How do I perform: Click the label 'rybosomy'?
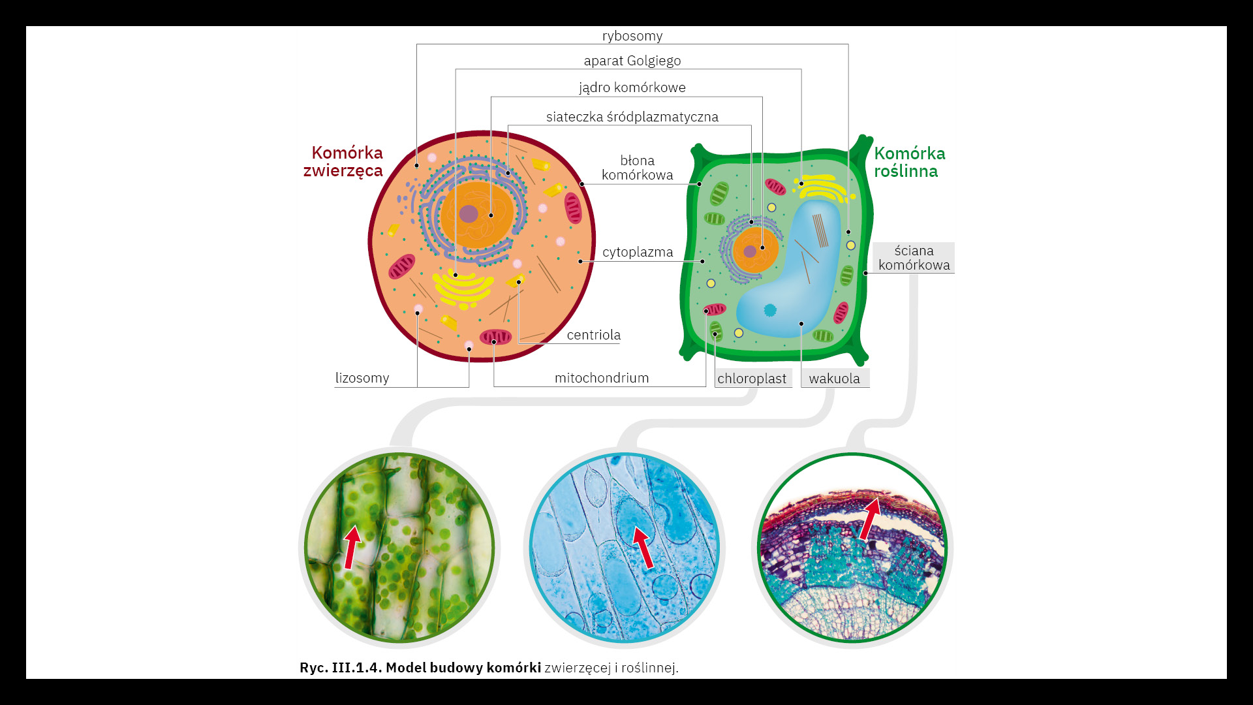click(x=632, y=36)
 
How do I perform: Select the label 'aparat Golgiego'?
click(x=632, y=61)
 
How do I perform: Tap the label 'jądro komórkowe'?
click(x=632, y=87)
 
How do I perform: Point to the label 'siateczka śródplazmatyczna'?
click(x=632, y=117)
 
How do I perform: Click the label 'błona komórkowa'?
click(x=637, y=168)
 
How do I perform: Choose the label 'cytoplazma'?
click(x=637, y=252)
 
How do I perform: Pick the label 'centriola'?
click(x=593, y=335)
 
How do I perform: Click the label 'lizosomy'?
click(x=362, y=378)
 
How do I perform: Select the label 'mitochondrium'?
click(x=601, y=378)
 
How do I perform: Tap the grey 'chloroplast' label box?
click(x=752, y=379)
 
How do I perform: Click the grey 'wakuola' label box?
click(x=834, y=379)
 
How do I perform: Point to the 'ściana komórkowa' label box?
click(x=914, y=258)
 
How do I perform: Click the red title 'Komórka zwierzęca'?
click(x=344, y=161)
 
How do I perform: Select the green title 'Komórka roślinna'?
click(x=909, y=162)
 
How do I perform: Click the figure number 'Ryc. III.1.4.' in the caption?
click(x=341, y=668)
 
